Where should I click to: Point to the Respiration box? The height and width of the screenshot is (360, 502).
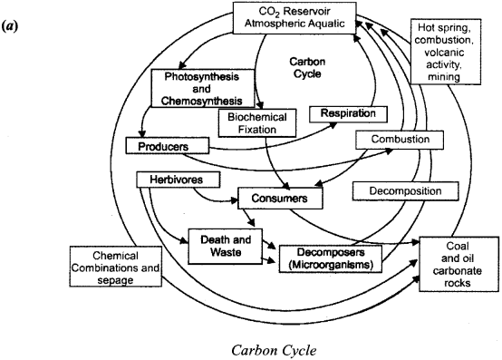(348, 114)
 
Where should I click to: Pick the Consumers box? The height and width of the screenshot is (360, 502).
(280, 197)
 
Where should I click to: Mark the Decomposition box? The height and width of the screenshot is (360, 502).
(399, 192)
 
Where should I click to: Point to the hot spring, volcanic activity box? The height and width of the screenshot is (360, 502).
(463, 53)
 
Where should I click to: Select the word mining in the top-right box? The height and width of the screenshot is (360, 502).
(463, 78)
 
